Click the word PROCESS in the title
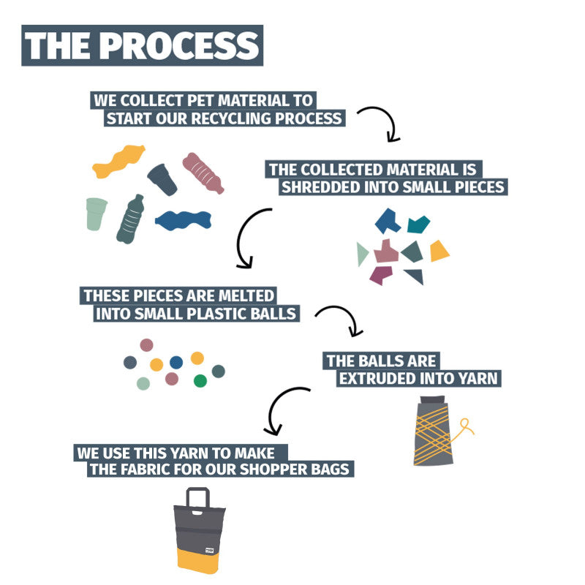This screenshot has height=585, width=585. [179, 45]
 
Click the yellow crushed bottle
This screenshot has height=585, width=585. [118, 161]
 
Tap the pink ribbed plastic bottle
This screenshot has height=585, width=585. [203, 173]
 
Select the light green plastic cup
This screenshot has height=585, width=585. [97, 214]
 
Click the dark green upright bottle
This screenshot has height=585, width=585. [131, 219]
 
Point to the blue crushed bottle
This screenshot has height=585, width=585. [184, 221]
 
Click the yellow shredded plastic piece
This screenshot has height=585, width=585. [439, 251]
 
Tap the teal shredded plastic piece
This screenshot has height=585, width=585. [418, 224]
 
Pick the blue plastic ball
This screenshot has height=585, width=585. [176, 362]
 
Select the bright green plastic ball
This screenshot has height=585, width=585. [200, 381]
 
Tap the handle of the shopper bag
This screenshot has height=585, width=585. [197, 498]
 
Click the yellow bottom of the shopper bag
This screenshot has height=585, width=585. [197, 561]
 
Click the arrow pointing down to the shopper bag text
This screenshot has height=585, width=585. [272, 407]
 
